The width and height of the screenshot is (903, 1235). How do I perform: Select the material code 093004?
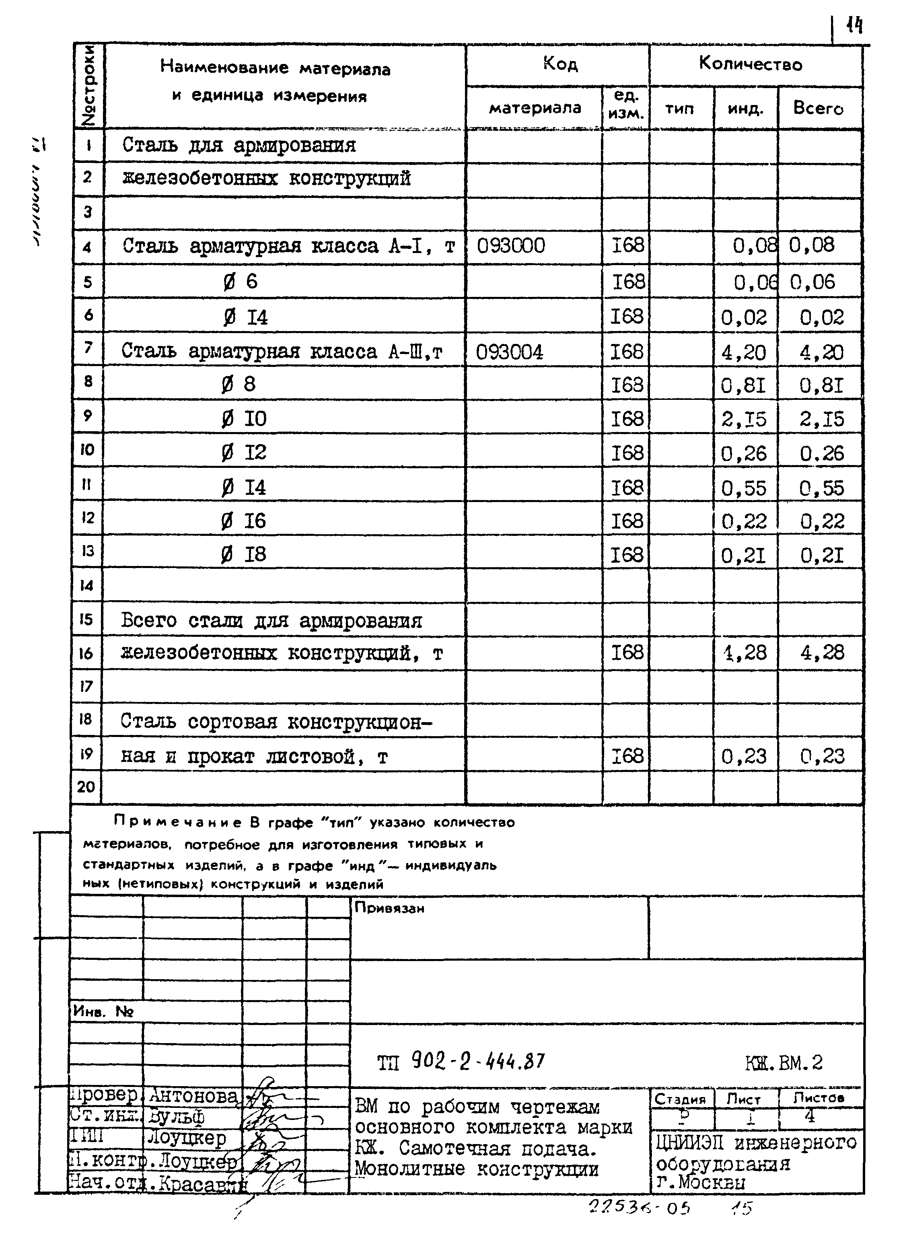click(510, 352)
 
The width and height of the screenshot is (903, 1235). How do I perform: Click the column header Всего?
click(818, 108)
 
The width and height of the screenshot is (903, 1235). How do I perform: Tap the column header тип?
click(679, 109)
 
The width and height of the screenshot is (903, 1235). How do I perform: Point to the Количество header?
click(751, 64)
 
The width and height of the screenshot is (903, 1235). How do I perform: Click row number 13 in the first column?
click(87, 551)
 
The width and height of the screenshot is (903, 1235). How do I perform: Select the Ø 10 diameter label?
click(244, 419)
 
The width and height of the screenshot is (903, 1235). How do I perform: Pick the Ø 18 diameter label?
click(244, 554)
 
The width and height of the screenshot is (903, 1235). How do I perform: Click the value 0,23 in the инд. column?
click(744, 757)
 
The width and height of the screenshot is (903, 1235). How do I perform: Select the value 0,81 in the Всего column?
click(822, 386)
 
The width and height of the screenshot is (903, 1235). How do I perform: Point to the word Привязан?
click(389, 908)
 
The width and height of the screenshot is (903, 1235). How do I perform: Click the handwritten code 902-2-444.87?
click(478, 1062)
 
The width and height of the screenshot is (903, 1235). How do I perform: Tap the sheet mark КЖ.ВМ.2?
click(783, 1062)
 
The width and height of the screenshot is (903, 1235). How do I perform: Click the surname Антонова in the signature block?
click(193, 1095)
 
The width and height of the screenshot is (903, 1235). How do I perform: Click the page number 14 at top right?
click(854, 25)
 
